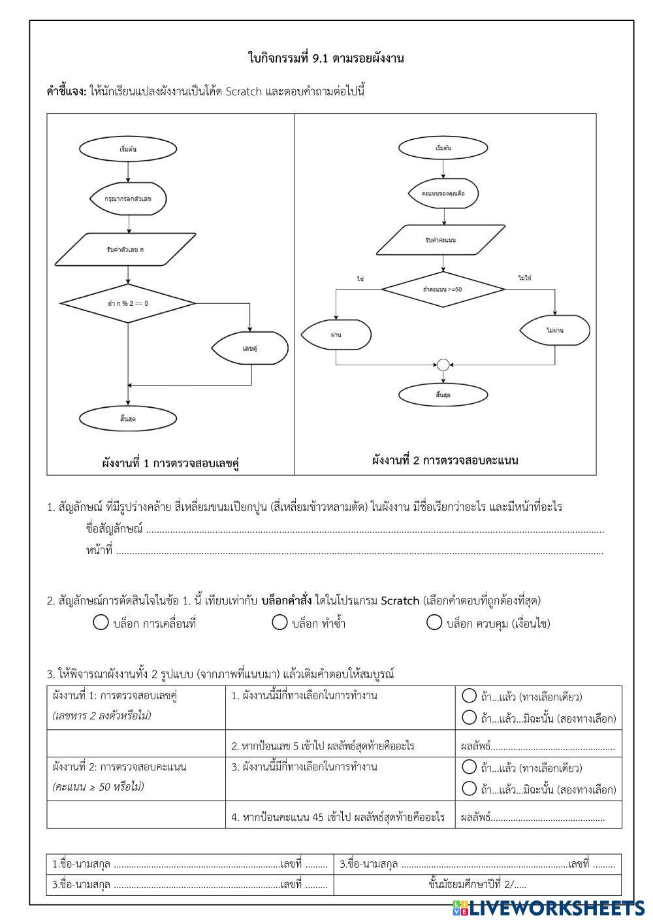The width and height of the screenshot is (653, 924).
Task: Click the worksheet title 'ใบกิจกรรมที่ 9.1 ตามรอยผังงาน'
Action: [326, 58]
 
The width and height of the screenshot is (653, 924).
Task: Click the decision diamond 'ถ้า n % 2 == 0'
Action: [128, 303]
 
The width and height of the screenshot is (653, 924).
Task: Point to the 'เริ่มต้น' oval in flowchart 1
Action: [128, 149]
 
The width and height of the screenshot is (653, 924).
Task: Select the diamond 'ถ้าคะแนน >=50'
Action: [443, 288]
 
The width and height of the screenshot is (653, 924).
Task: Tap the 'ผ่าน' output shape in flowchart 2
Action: [336, 334]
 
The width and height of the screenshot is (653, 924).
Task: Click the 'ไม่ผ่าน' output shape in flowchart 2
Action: [555, 331]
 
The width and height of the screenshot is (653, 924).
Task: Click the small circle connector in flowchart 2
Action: [443, 365]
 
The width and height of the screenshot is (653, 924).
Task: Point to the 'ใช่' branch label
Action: [360, 278]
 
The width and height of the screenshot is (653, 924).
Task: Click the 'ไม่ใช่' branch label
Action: [525, 278]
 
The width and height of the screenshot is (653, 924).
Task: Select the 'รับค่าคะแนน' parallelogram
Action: [443, 240]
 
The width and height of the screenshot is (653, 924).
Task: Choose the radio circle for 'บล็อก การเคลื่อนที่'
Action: [101, 623]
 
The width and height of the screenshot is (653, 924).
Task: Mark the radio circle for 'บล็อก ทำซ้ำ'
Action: [279, 623]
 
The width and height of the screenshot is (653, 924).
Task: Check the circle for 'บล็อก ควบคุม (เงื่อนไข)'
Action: [434, 623]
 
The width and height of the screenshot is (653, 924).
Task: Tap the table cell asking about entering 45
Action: [338, 817]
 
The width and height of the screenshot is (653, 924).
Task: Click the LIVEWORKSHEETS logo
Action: [548, 908]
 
